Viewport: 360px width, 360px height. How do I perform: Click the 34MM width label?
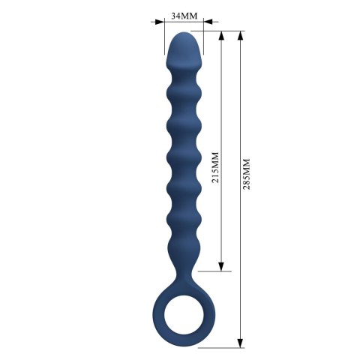pos(180,15)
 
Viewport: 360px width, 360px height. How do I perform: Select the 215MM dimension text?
pos(215,169)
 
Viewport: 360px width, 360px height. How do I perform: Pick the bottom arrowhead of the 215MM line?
pos(221,266)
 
